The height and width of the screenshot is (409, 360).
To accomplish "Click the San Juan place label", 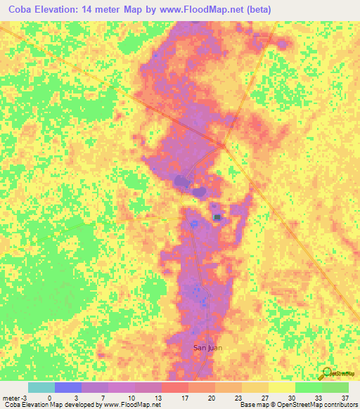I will [208, 347].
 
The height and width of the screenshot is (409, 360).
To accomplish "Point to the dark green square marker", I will [217, 216].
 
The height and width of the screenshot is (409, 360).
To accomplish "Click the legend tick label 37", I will [345, 397].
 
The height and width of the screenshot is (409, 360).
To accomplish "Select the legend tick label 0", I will [50, 397].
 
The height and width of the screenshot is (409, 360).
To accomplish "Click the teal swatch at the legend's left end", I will [41, 387].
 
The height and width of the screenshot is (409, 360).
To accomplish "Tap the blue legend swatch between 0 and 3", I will [68, 387].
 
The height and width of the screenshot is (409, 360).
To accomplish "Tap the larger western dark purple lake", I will [182, 181].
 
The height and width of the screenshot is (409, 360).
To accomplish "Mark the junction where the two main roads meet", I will [224, 146].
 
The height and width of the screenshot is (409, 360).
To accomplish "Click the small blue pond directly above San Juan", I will [204, 301].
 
